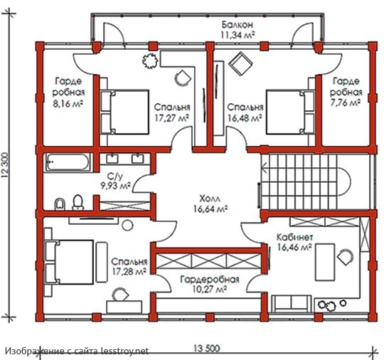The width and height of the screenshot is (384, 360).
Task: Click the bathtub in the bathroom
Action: click(68, 162)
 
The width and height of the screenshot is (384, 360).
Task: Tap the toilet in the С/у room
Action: click(78, 203)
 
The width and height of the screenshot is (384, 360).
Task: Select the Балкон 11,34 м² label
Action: click(238, 30)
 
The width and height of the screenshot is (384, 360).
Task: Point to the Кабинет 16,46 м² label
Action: click(294, 243)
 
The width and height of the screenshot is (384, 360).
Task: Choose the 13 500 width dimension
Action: click(207, 349)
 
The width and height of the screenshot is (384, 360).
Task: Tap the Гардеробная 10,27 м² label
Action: click(209, 285)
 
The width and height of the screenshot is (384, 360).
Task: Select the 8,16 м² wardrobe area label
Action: click(68, 104)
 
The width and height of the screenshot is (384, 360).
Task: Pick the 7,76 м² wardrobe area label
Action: click(346, 102)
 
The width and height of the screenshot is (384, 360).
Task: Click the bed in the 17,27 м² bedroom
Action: click(124, 112)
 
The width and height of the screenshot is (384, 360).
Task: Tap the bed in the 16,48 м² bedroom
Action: click(290, 112)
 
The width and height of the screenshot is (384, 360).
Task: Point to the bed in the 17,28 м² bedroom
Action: click(69, 262)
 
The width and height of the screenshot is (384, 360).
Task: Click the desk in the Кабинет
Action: click(325, 262)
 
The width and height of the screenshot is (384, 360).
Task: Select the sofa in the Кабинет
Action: click(291, 304)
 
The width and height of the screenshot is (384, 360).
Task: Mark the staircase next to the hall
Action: click(306, 181)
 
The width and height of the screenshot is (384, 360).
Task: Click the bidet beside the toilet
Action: click(60, 204)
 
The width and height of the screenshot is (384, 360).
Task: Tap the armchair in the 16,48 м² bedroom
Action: click(240, 63)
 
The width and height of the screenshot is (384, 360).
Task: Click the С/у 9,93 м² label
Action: click(116, 181)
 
